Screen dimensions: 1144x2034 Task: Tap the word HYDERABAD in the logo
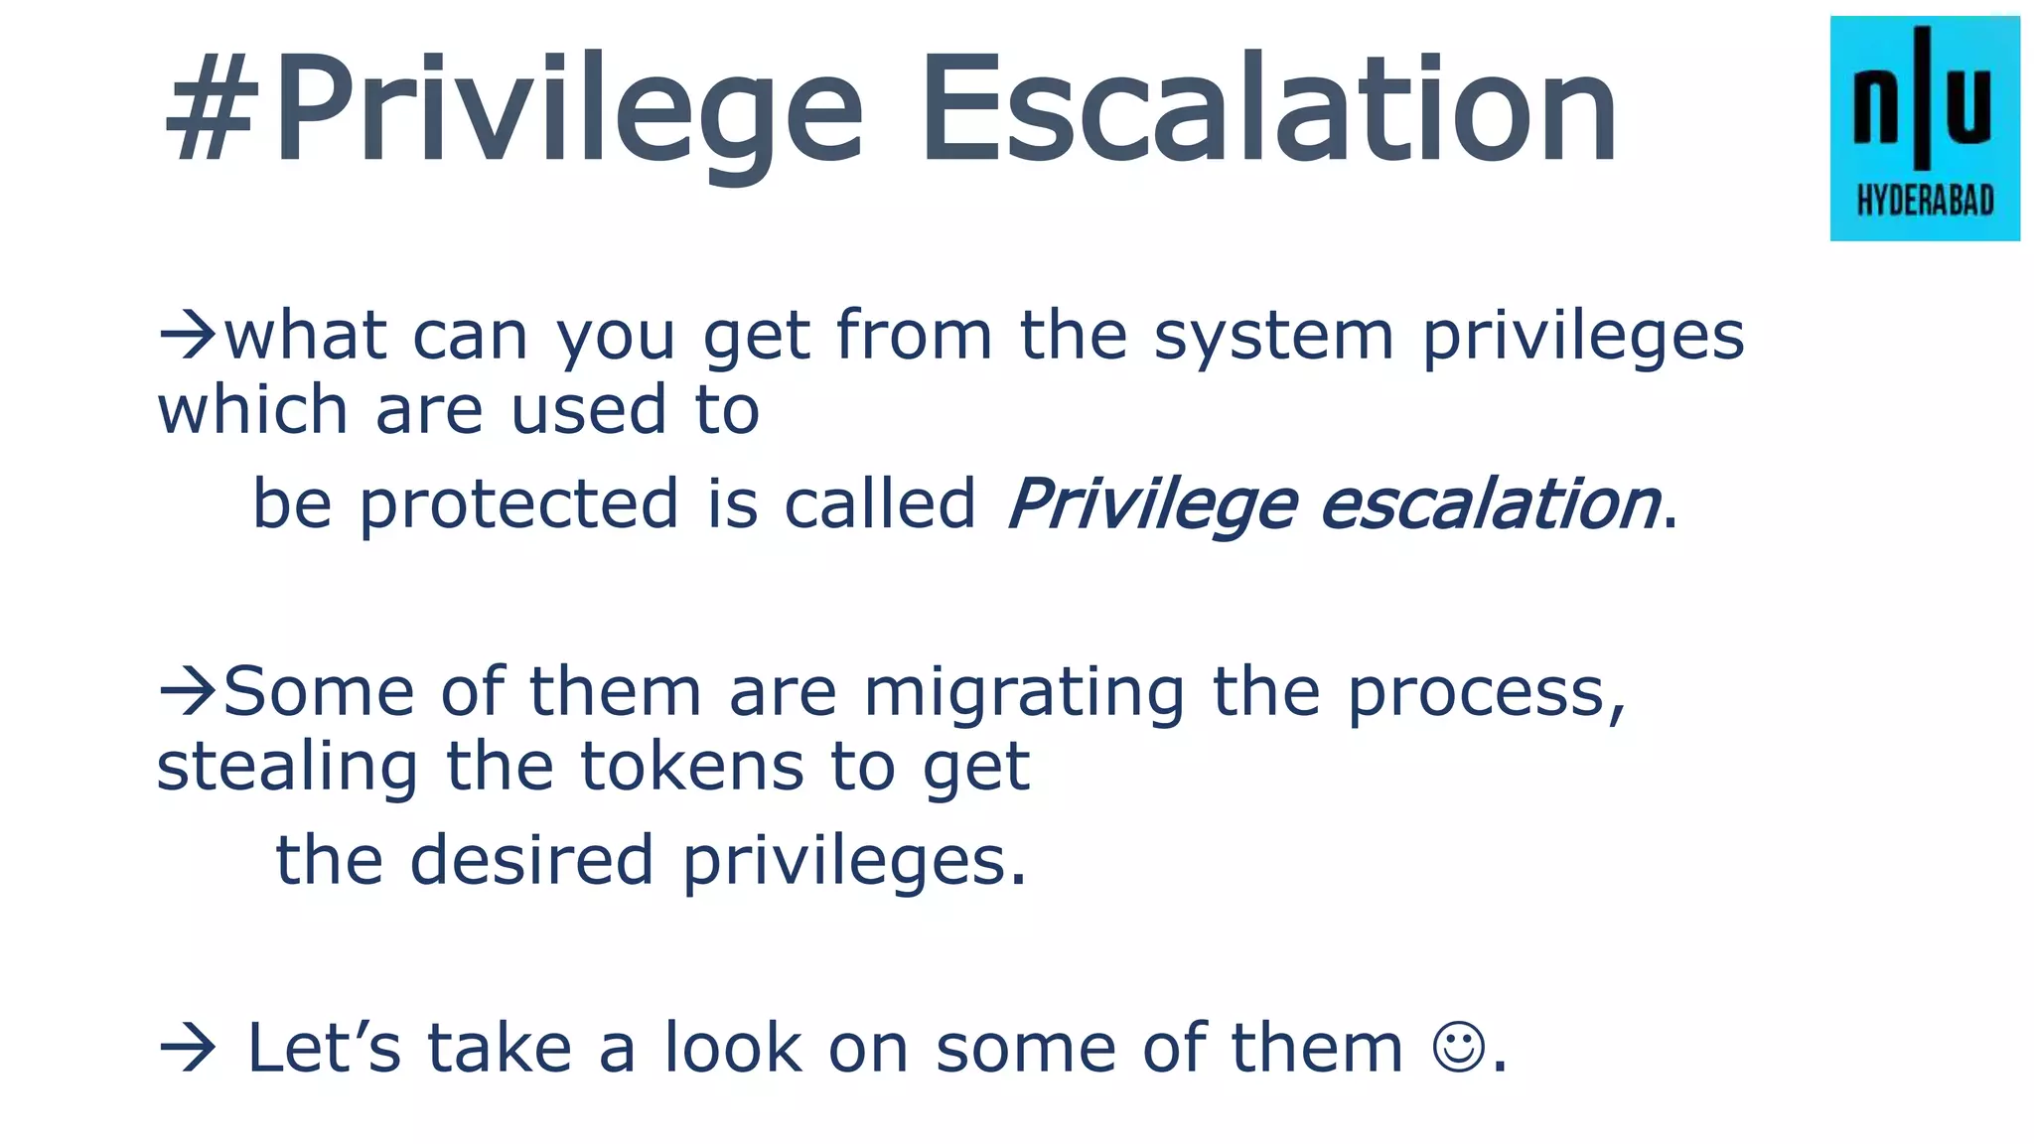pyautogui.click(x=1925, y=202)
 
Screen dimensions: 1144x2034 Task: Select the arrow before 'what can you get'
pyautogui.click(x=187, y=336)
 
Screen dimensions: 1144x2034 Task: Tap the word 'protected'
pyautogui.click(x=519, y=503)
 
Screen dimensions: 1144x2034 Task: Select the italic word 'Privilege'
pyautogui.click(x=1152, y=503)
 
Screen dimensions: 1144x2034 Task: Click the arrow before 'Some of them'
pyautogui.click(x=187, y=691)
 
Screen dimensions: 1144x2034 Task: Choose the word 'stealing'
pyautogui.click(x=287, y=767)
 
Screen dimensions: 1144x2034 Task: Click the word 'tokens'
pyautogui.click(x=691, y=767)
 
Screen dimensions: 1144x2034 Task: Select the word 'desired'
pyautogui.click(x=531, y=860)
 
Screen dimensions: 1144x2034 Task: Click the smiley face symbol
pyautogui.click(x=1458, y=1048)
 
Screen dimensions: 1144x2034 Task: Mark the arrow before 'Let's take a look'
pyautogui.click(x=187, y=1048)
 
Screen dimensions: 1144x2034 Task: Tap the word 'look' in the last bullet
pyautogui.click(x=732, y=1048)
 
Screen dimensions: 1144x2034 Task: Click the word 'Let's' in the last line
pyautogui.click(x=324, y=1048)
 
